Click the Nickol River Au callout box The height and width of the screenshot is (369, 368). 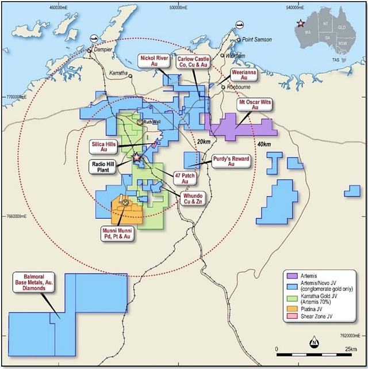point(154,61)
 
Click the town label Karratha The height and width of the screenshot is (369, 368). point(118,74)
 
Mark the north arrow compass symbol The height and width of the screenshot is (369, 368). point(315,344)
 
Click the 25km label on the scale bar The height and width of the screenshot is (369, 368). point(350,349)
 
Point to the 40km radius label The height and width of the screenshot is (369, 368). point(264,144)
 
